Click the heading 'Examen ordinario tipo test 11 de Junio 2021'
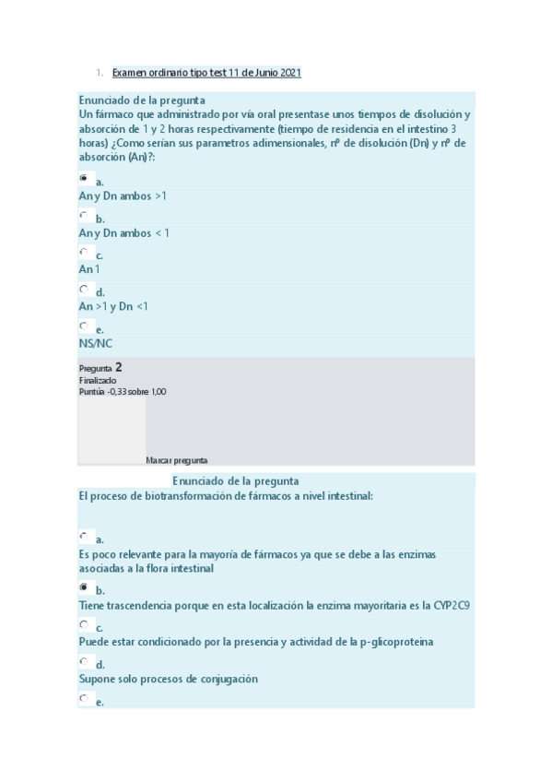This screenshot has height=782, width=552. [206, 72]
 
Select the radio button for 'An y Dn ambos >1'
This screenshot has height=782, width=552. [84, 178]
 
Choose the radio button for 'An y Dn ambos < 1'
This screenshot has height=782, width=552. [84, 215]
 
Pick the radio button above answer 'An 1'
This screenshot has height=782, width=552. [84, 252]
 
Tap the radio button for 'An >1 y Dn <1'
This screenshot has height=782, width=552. [84, 289]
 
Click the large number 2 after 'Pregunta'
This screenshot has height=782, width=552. [119, 367]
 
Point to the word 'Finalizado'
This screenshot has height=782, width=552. [98, 380]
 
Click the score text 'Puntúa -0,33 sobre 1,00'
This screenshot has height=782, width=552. [123, 391]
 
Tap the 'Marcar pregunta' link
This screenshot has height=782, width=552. [176, 459]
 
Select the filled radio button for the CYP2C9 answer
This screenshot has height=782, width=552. [84, 586]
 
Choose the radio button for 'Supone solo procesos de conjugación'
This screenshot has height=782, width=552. [84, 661]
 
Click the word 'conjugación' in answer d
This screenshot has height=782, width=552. [225, 679]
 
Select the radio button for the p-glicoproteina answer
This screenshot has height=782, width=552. [84, 624]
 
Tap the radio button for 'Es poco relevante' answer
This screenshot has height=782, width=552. [84, 536]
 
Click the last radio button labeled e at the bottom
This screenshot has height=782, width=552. [84, 698]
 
